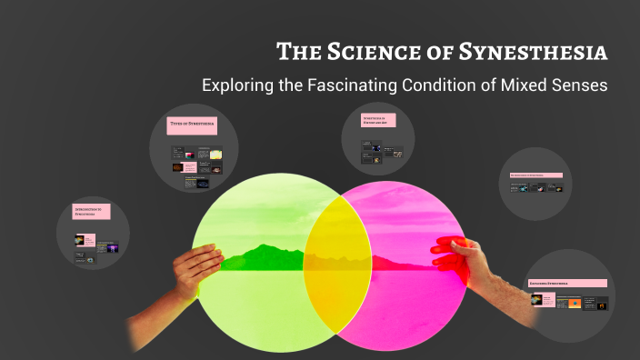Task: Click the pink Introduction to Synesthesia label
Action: (x=91, y=212)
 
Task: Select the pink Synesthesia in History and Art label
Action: (x=380, y=120)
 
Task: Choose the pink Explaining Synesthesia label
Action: (x=567, y=284)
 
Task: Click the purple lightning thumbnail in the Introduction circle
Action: (x=112, y=245)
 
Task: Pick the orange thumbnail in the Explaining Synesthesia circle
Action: (x=575, y=305)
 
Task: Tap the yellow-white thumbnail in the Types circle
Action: (x=215, y=155)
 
